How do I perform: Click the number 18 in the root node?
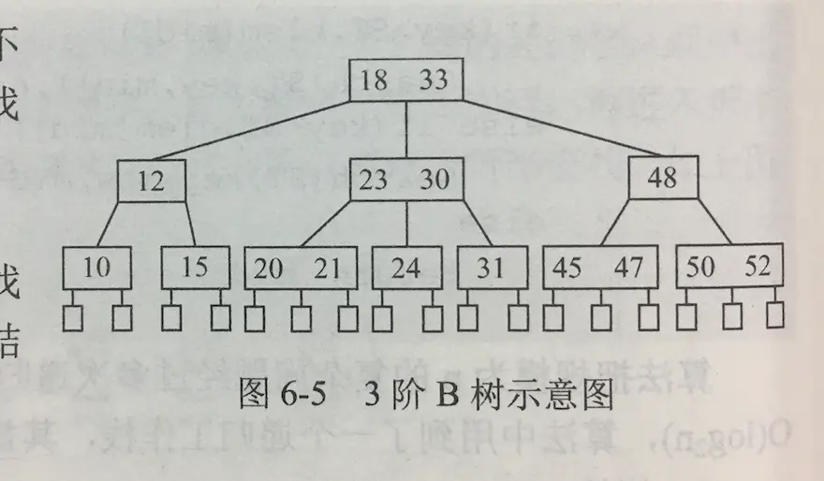pyautogui.click(x=374, y=80)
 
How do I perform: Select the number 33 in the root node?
pyautogui.click(x=434, y=80)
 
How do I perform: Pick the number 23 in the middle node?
pyautogui.click(x=374, y=179)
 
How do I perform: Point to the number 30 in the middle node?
pyautogui.click(x=434, y=179)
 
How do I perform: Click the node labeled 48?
pyautogui.click(x=662, y=177)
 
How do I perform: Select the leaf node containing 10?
pyautogui.click(x=96, y=268)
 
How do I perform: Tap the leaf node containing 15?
pyautogui.click(x=195, y=268)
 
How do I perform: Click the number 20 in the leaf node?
pyautogui.click(x=269, y=268)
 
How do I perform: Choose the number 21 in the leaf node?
pyautogui.click(x=328, y=268)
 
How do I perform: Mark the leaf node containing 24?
pyautogui.click(x=406, y=268)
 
